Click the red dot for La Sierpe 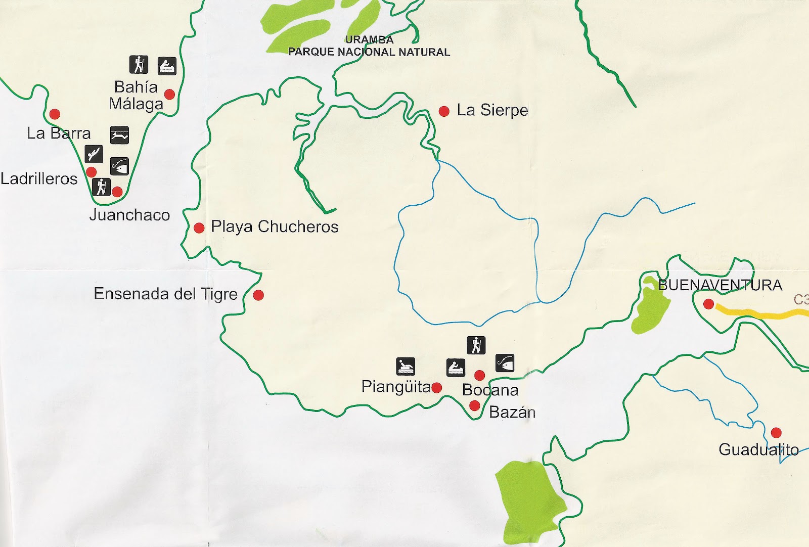pyautogui.click(x=444, y=111)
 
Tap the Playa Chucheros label pyautogui.click(x=275, y=226)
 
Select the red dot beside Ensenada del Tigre pyautogui.click(x=258, y=295)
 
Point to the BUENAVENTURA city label pyautogui.click(x=720, y=285)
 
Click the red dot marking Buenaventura pyautogui.click(x=709, y=304)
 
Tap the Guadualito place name pyautogui.click(x=758, y=449)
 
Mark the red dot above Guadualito pyautogui.click(x=776, y=433)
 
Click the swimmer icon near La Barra pyautogui.click(x=120, y=135)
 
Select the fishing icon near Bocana pyautogui.click(x=505, y=362)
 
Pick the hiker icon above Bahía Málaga pyautogui.click(x=139, y=65)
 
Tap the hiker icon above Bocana pyautogui.click(x=476, y=345)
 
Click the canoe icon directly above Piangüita pyautogui.click(x=406, y=366)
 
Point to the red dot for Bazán pyautogui.click(x=474, y=405)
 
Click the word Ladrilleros pyautogui.click(x=39, y=178)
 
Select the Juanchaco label pyautogui.click(x=129, y=215)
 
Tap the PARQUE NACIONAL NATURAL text pyautogui.click(x=369, y=52)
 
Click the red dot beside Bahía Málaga pyautogui.click(x=170, y=95)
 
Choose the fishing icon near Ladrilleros pyautogui.click(x=120, y=166)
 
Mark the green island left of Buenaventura pyautogui.click(x=651, y=309)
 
